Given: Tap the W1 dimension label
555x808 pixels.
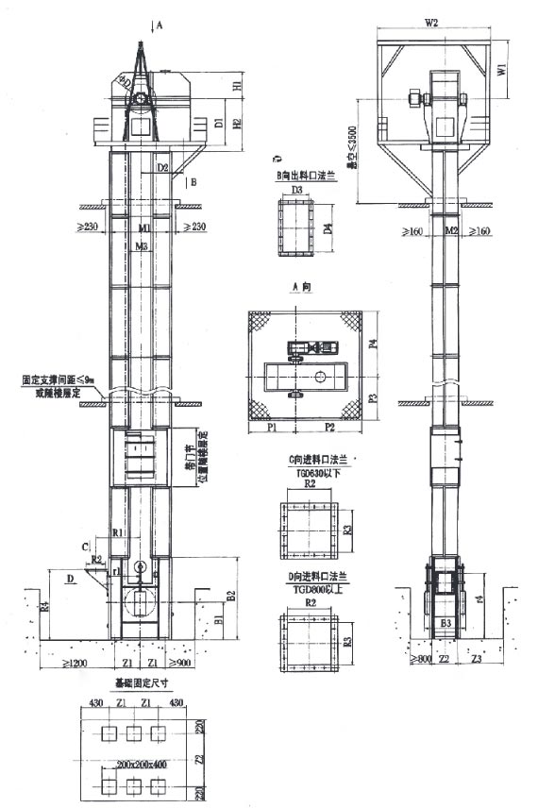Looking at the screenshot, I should [502, 69].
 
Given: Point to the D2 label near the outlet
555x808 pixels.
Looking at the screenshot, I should [163, 168].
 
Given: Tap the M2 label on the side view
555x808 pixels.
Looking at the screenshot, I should [450, 229].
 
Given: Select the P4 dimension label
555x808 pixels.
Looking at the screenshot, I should [371, 345].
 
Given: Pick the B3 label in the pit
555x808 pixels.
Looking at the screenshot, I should [445, 624].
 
